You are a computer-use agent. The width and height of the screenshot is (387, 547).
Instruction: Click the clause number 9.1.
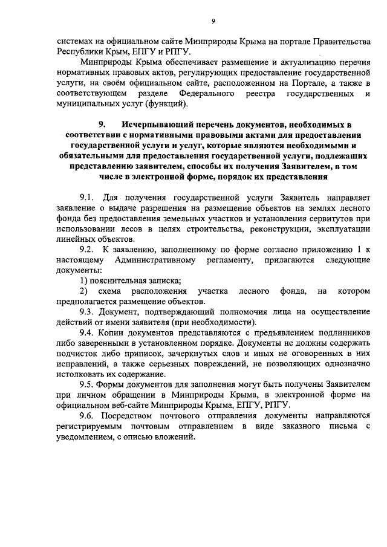89,198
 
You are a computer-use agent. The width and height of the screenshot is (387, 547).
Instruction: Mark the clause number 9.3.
89,312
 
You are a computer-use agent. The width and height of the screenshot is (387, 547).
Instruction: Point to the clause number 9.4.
89,332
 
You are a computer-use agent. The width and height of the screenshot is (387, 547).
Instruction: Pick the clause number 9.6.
89,416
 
